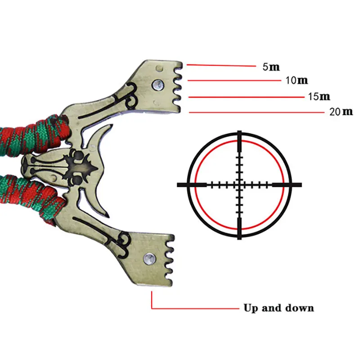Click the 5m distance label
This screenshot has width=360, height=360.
click(x=271, y=67)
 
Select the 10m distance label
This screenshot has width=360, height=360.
click(x=297, y=81)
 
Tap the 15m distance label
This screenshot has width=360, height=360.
click(x=319, y=96)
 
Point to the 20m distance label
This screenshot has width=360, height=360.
click(x=341, y=112)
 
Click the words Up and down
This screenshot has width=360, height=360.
click(x=279, y=308)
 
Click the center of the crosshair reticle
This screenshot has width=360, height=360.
click(x=239, y=184)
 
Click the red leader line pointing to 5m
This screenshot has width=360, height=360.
click(x=220, y=66)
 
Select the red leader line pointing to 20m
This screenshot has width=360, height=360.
click(x=256, y=112)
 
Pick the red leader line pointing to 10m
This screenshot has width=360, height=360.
click(x=234, y=81)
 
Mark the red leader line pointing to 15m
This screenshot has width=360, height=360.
click(x=245, y=97)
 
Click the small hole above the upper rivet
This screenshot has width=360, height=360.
click(x=159, y=68)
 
